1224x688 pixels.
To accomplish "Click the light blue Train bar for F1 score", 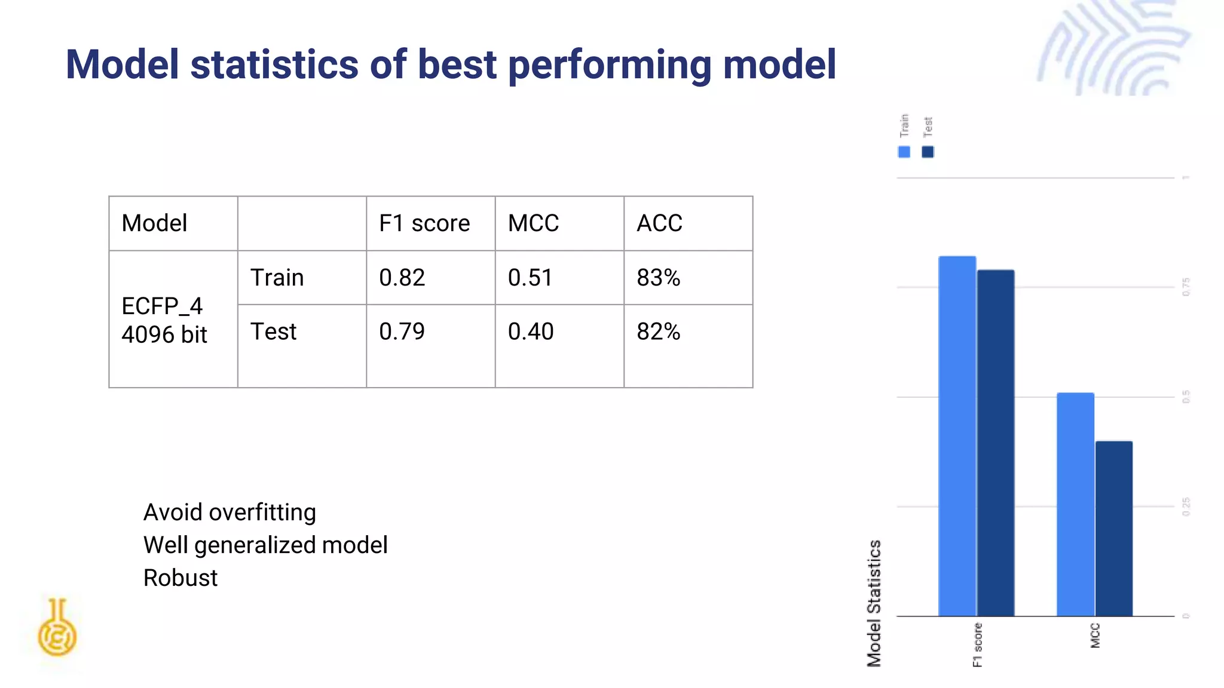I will click(957, 436).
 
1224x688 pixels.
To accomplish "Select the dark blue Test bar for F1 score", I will click(996, 443).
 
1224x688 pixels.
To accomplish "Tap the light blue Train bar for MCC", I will click(1075, 504).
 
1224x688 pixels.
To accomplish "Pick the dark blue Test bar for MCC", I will click(1114, 528).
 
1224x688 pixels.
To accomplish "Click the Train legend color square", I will click(904, 152).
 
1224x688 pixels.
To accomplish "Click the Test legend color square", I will click(928, 152).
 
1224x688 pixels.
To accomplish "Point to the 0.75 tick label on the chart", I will click(1186, 287).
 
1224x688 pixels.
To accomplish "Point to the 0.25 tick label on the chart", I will click(1186, 506).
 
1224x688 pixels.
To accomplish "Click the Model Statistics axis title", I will click(874, 603).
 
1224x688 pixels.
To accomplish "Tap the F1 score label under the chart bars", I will click(977, 644).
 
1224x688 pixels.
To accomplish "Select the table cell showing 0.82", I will click(430, 278).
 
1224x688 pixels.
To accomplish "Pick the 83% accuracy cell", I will click(687, 278).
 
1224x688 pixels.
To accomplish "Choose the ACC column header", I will click(687, 223).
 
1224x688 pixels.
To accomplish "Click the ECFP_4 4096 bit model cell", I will click(173, 320).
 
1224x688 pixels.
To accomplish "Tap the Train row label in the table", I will click(301, 278).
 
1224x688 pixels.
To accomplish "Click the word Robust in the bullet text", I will click(180, 578).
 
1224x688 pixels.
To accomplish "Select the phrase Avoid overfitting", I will click(229, 512).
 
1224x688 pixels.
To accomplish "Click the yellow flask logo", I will click(57, 628).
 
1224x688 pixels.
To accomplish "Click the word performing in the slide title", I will click(610, 64).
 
